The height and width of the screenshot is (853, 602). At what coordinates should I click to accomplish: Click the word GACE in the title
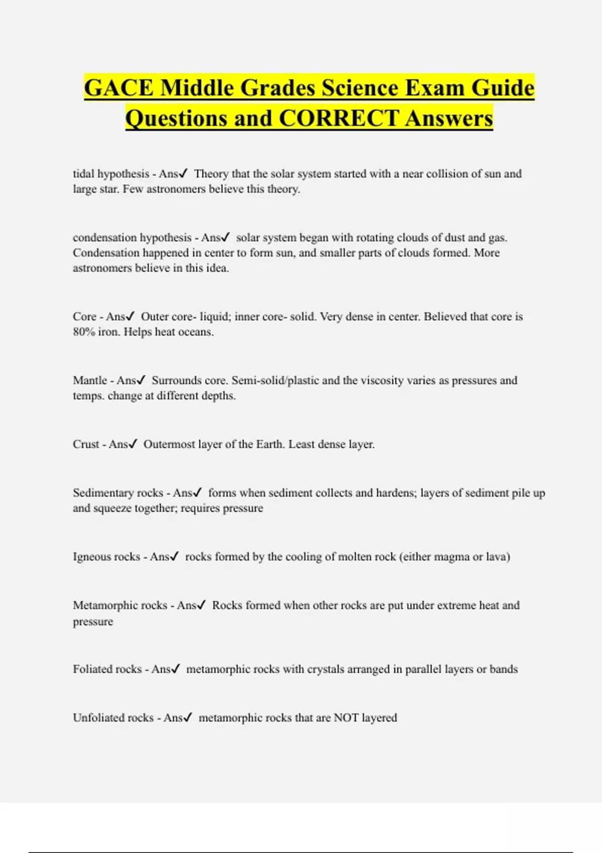[x=119, y=88]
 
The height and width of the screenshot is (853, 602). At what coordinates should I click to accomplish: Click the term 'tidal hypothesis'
[x=111, y=174]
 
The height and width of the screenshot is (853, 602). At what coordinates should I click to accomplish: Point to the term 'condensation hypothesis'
[x=132, y=238]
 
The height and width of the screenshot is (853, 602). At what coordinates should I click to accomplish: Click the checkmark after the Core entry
[x=130, y=317]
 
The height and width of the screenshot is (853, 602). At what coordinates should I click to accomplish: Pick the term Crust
[x=86, y=444]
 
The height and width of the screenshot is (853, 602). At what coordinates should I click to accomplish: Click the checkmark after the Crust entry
[x=133, y=444]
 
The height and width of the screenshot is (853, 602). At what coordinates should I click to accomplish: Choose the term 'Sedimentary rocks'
[x=118, y=493]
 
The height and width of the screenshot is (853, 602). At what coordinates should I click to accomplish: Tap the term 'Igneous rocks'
[x=106, y=556]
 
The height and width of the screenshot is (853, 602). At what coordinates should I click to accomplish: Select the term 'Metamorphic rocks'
[x=120, y=605]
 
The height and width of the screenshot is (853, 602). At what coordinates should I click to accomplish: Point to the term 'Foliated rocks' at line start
[x=107, y=669]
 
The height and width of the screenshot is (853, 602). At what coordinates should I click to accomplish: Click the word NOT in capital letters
[x=346, y=718]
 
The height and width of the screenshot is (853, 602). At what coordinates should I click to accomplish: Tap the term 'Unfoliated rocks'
[x=113, y=718]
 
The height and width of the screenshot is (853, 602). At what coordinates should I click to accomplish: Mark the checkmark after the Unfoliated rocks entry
[x=188, y=718]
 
